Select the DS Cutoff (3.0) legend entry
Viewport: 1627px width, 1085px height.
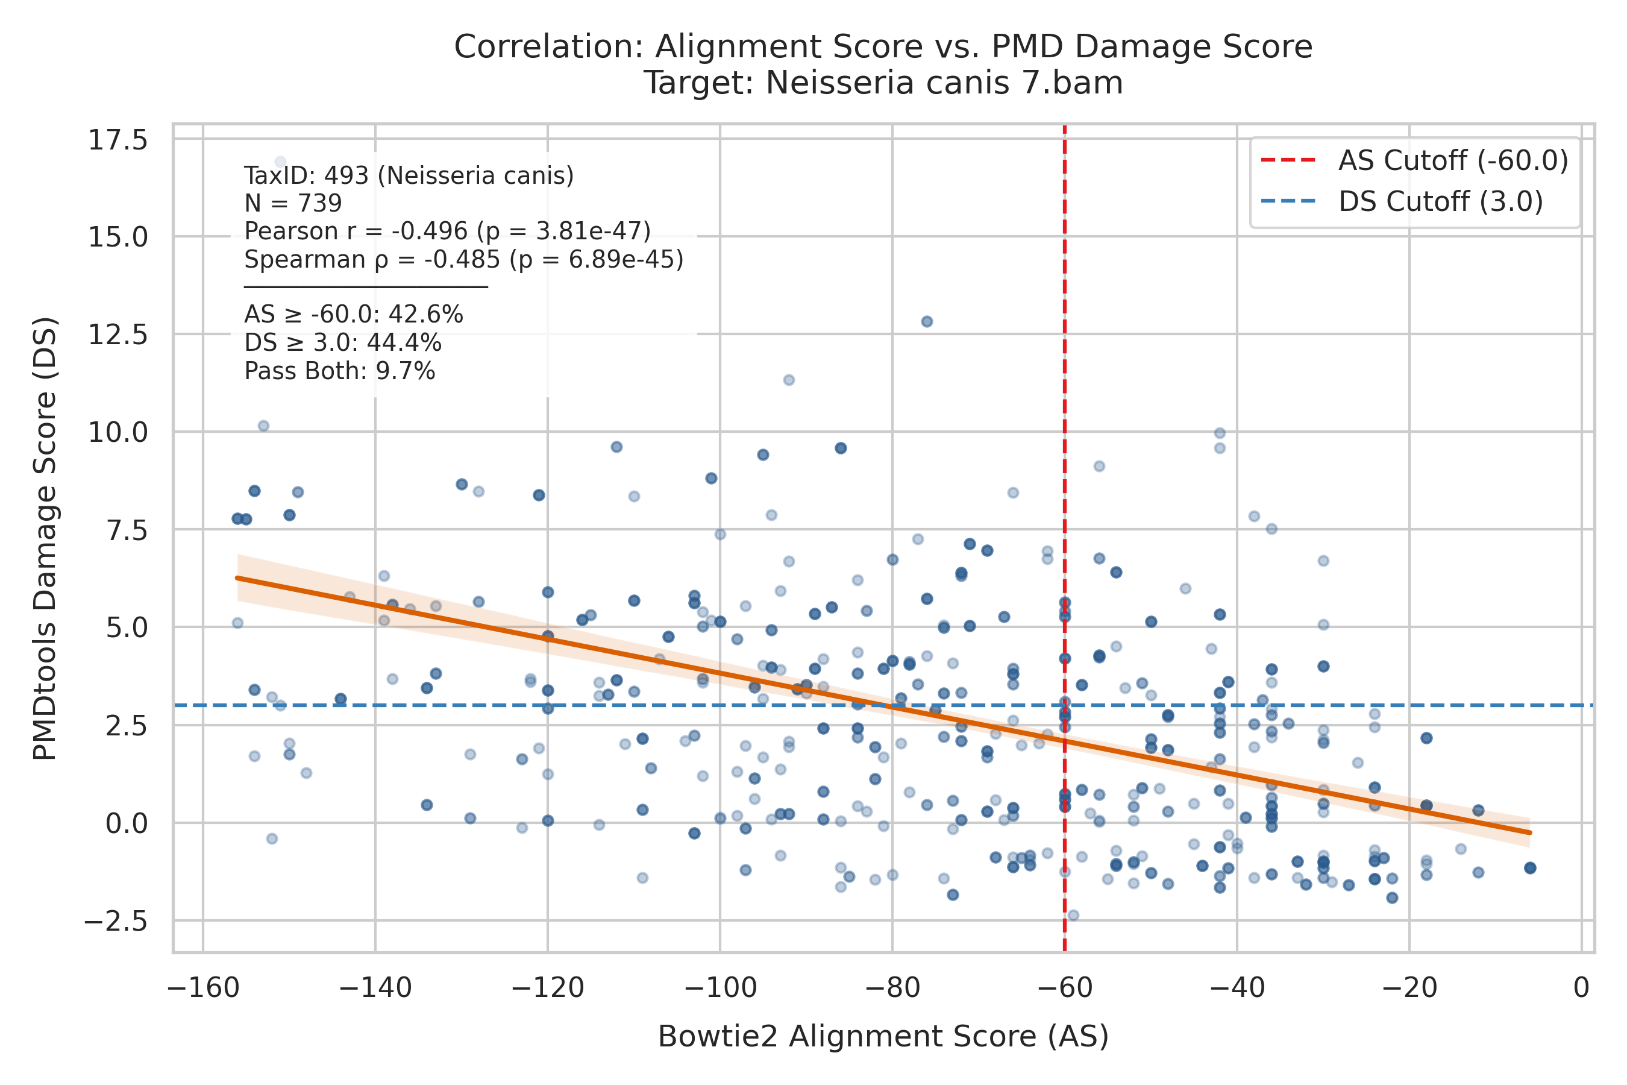click(x=1402, y=201)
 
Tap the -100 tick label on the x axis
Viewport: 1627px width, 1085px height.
click(x=719, y=988)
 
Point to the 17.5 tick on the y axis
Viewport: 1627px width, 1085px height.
click(x=118, y=140)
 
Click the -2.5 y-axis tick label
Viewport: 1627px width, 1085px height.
click(x=116, y=921)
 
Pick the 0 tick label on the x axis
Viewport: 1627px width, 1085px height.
click(x=1581, y=988)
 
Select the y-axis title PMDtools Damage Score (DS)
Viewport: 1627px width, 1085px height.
click(x=46, y=538)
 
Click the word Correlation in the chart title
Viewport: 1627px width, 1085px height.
click(x=549, y=47)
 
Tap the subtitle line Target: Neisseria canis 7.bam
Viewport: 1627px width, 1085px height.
click(x=883, y=83)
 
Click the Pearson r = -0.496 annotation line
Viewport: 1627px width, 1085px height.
click(x=448, y=231)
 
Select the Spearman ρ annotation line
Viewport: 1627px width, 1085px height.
click(x=464, y=259)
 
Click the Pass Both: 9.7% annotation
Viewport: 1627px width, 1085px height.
click(x=340, y=371)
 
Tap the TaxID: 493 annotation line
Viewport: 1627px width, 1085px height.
click(x=409, y=176)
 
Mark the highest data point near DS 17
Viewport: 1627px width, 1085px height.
click(x=280, y=161)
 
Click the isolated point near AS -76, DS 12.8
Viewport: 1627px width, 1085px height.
click(x=927, y=321)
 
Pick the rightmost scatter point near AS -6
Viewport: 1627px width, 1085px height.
click(x=1530, y=868)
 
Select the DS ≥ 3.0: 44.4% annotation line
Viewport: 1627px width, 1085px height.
click(x=342, y=343)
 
